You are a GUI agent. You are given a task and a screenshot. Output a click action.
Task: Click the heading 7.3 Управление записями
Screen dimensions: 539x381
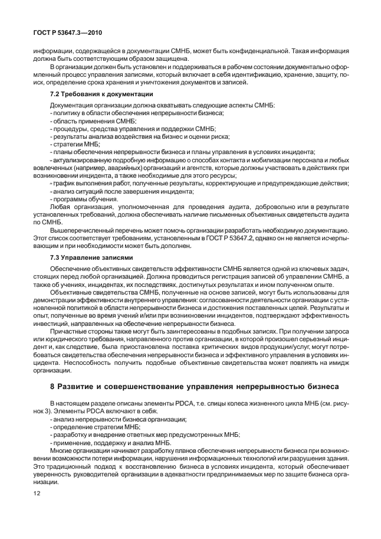coord(84,258)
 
